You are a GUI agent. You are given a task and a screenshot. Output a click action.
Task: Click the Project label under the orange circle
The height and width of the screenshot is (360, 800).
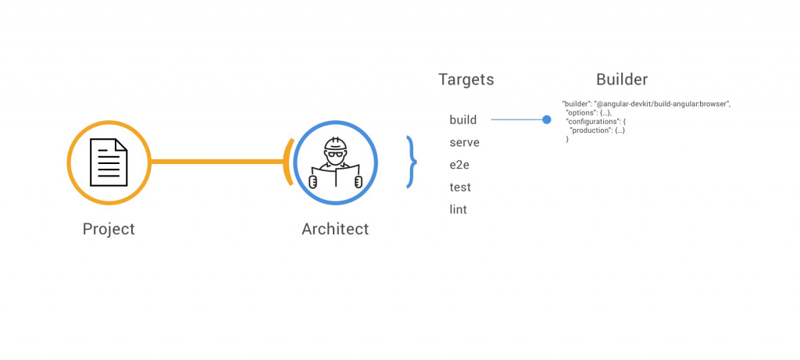(109, 229)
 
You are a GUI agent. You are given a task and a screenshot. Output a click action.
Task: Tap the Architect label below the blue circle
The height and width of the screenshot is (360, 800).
(335, 229)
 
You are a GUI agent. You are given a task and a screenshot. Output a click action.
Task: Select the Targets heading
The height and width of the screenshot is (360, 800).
(466, 79)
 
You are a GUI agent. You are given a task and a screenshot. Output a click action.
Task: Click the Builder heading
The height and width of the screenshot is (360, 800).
(622, 79)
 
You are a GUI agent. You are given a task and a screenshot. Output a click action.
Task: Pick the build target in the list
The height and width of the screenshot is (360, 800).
(463, 120)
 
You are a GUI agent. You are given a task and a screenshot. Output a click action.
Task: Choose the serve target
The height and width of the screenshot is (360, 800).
(464, 143)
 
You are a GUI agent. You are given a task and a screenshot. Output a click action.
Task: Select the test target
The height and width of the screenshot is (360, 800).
(460, 187)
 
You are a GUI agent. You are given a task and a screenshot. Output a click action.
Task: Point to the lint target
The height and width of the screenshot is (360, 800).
(458, 209)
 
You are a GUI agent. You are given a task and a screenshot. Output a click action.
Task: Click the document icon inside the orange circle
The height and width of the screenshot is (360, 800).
(109, 162)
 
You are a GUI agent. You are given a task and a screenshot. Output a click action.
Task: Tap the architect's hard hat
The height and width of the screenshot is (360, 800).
(335, 144)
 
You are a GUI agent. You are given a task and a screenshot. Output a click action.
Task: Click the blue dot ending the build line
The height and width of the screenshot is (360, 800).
(547, 119)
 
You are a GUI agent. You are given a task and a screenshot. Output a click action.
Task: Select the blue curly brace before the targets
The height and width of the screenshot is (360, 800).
(411, 162)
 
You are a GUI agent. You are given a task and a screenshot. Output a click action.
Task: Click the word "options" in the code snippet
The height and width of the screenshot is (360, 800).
(580, 112)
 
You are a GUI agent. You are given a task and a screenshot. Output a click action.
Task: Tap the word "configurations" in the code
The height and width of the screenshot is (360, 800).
(593, 121)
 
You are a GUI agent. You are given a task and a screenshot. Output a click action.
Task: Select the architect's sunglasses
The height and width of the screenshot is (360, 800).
(335, 154)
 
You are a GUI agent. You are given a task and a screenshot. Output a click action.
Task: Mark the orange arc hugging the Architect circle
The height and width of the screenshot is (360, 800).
(289, 162)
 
